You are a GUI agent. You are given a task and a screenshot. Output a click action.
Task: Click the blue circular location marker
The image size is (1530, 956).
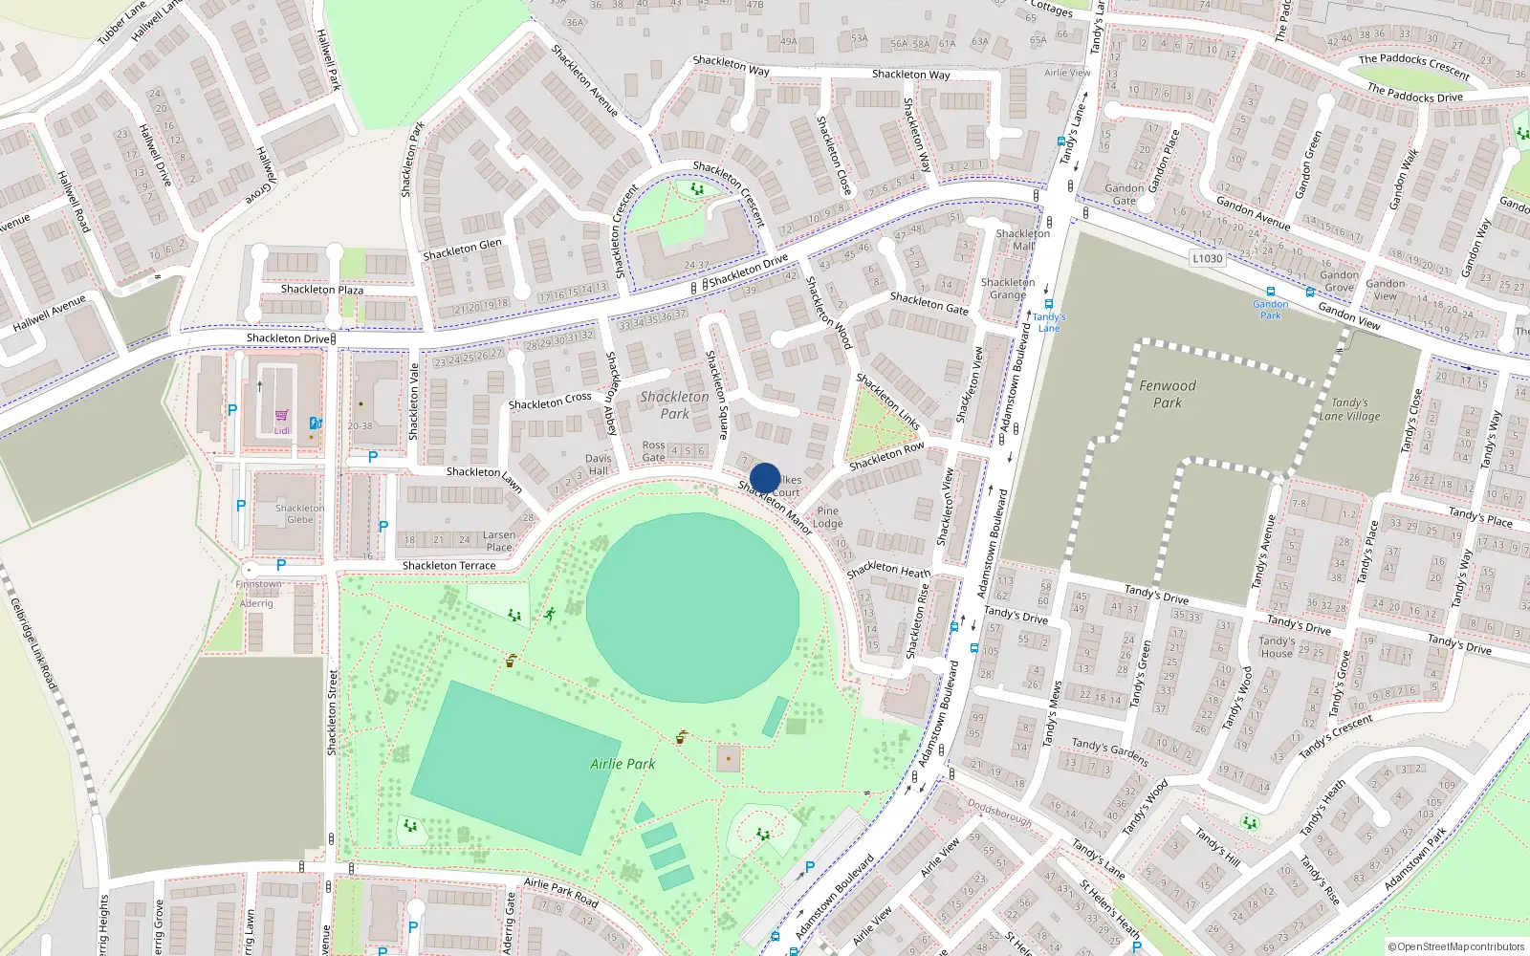click(765, 478)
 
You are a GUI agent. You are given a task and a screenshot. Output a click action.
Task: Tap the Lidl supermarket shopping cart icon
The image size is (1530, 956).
click(281, 416)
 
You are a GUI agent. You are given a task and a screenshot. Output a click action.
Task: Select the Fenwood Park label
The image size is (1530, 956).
click(1167, 394)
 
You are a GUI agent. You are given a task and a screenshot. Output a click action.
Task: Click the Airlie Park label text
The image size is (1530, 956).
click(623, 764)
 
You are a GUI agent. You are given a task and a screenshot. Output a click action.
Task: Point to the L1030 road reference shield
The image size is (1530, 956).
click(1208, 258)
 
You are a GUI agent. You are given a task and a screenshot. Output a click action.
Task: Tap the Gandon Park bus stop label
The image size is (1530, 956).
click(1270, 310)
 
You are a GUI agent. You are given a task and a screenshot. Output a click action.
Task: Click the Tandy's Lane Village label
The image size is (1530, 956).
click(1349, 409)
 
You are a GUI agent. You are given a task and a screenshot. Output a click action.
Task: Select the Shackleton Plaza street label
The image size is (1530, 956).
click(321, 289)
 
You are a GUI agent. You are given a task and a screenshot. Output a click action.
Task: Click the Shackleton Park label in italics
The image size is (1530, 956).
click(674, 404)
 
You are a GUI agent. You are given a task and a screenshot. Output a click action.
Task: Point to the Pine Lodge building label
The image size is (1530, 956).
click(827, 517)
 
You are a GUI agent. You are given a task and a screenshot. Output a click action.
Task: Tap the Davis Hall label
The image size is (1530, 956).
click(598, 464)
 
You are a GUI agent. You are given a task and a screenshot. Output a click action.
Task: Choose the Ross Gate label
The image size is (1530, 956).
click(653, 451)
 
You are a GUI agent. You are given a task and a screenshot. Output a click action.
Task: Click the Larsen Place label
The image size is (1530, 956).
click(498, 541)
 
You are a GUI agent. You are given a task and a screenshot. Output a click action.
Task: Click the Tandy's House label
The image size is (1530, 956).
click(1277, 647)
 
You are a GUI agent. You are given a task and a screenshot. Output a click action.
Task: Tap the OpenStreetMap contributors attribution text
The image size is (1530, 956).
click(1455, 946)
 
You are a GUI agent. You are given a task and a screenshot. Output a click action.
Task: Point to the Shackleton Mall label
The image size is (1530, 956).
click(1022, 240)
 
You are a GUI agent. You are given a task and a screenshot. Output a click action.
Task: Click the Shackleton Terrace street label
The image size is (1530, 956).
click(448, 566)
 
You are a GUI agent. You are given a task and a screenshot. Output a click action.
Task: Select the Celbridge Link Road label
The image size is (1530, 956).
click(33, 644)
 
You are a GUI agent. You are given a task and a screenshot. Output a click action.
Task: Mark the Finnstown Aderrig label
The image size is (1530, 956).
click(257, 594)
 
